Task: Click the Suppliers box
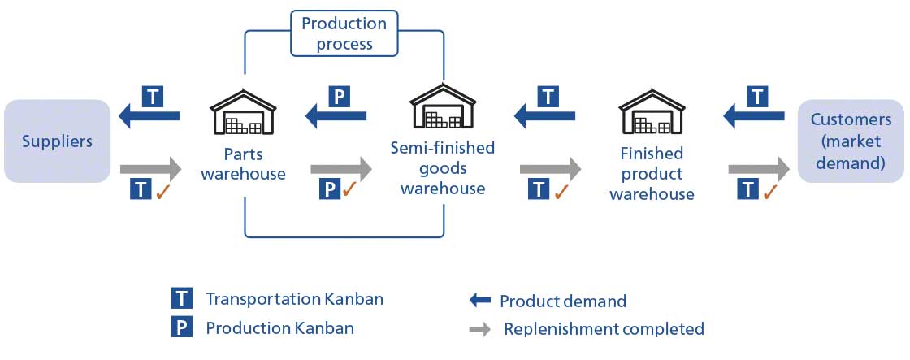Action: [x=57, y=141]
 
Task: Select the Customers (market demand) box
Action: [x=851, y=141]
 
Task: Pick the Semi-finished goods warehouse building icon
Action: [x=442, y=105]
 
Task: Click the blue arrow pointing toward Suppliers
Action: [x=149, y=118]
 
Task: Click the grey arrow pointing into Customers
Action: [x=758, y=170]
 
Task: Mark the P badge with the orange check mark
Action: [x=329, y=190]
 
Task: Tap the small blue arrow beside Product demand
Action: [x=480, y=300]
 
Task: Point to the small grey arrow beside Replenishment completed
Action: [x=480, y=329]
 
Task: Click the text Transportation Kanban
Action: [x=294, y=298]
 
